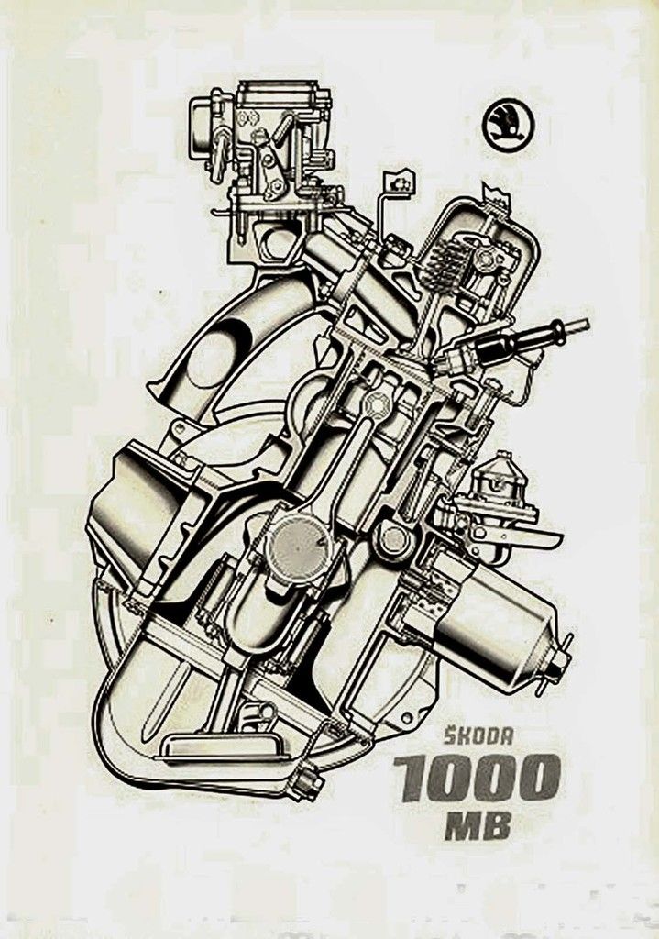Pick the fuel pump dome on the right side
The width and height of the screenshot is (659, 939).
(x=500, y=477)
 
